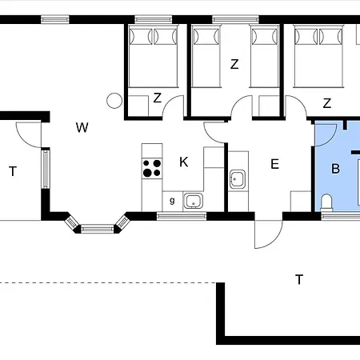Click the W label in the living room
pos(82,126)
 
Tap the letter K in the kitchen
pos(184,162)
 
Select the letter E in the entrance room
pos(274,165)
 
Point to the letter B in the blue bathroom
pos(336,169)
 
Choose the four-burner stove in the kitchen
pos(151,168)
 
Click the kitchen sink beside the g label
pos(194,200)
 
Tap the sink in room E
pos(238,178)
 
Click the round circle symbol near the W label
pos(114,101)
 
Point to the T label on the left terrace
pos(13,170)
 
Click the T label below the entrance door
pos(299,279)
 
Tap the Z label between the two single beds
pos(234,65)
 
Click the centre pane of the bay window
pos(97,228)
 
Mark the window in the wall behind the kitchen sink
pos(182,215)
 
